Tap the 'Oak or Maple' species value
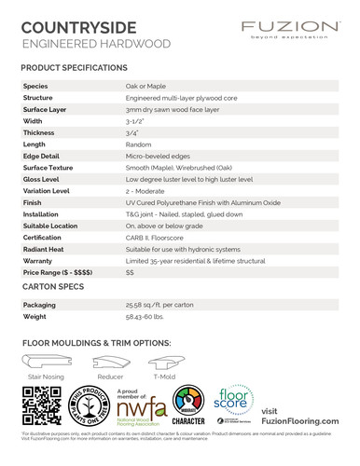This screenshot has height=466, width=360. (x=146, y=85)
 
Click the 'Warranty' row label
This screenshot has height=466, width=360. (x=39, y=261)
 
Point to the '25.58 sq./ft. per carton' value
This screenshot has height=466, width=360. (x=164, y=305)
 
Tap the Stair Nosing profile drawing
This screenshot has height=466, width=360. (x=45, y=363)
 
